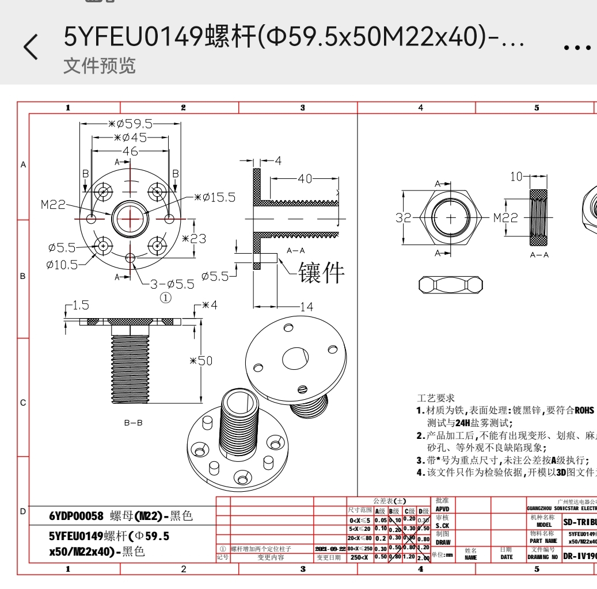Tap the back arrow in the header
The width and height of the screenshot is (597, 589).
tap(32, 47)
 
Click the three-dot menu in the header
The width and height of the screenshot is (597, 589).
tap(577, 48)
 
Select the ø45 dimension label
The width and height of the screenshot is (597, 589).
tap(130, 137)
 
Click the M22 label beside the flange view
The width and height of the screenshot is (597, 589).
tap(53, 204)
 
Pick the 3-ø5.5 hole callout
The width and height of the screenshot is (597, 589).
tap(172, 284)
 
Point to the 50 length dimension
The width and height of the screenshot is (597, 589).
tap(201, 361)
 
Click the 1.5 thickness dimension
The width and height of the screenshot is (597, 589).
tap(81, 305)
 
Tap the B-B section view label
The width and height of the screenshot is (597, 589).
tap(134, 423)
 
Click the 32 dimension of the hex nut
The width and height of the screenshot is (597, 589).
tap(404, 218)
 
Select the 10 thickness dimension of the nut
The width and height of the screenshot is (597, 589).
tap(516, 176)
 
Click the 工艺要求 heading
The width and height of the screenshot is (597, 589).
tap(435, 397)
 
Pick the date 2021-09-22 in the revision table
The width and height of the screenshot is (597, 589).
tap(330, 549)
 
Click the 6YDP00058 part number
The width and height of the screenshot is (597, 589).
tap(76, 517)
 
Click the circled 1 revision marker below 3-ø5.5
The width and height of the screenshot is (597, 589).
tap(165, 298)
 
